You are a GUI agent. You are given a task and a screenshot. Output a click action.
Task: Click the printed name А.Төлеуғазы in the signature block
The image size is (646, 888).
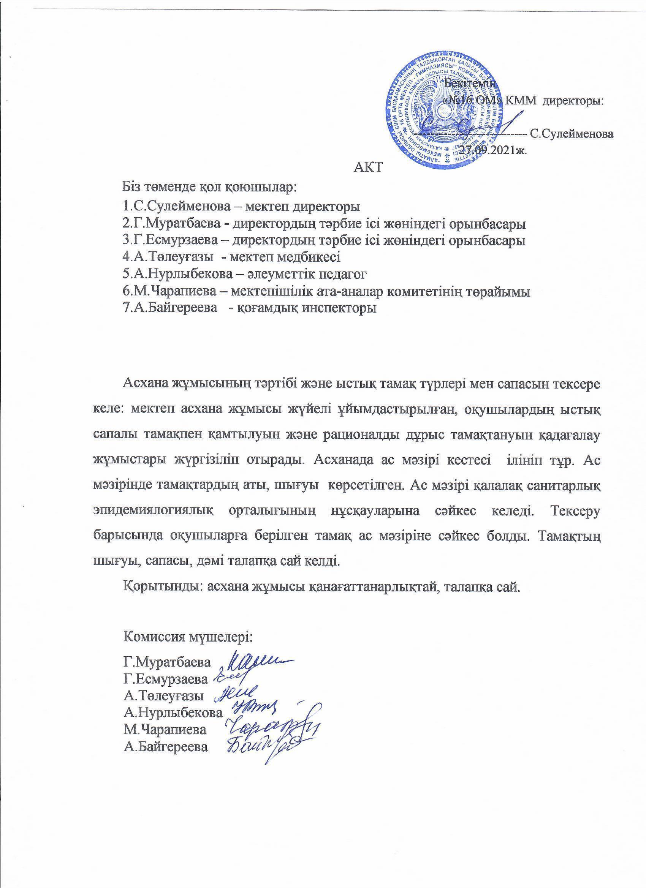point(163,696)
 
